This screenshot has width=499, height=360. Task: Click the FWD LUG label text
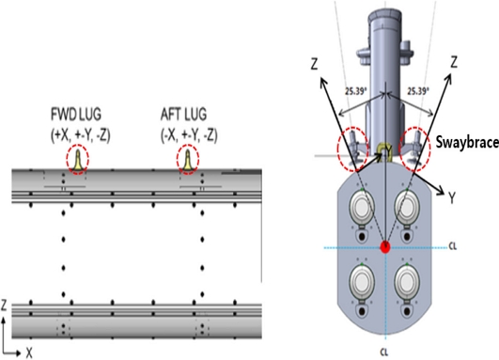pos(76,115)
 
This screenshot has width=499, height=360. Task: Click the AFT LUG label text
pos(183,115)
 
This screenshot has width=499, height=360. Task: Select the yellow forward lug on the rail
pos(78,160)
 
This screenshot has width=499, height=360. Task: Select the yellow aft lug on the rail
pos(188,160)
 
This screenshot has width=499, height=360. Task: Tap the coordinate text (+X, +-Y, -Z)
pos(81,135)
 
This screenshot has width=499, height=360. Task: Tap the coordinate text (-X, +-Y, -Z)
pos(189,135)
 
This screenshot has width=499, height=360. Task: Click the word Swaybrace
pos(467,142)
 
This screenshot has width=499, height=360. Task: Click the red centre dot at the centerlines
pos(385,247)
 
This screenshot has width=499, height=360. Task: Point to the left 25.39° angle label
pos(356,91)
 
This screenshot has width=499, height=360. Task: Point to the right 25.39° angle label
pos(418,91)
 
